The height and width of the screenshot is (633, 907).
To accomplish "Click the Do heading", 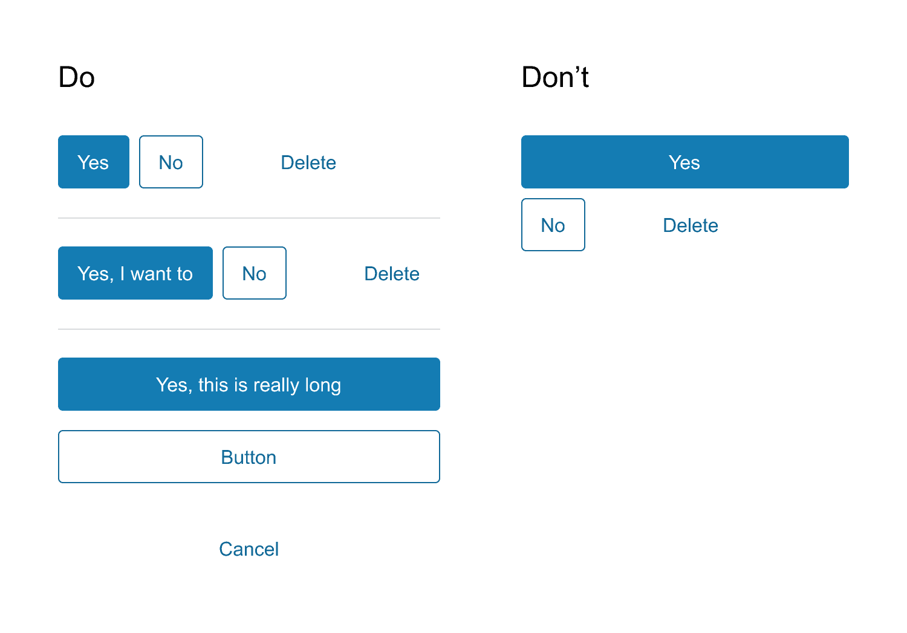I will tap(77, 77).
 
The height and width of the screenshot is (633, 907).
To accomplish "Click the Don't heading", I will tap(555, 77).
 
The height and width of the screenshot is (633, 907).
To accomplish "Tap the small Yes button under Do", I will tap(94, 162).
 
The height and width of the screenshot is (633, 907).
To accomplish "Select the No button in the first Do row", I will tap(171, 162).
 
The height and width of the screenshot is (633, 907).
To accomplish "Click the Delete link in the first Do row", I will tap(308, 162).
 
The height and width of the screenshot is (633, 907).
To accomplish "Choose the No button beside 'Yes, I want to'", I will tap(255, 273).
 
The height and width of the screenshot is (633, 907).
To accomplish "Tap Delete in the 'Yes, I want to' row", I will tap(392, 274).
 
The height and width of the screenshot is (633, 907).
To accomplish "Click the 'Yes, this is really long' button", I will tap(249, 384).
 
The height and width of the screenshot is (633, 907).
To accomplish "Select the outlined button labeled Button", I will tap(249, 457).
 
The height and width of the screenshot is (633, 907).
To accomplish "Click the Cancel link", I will tap(249, 549).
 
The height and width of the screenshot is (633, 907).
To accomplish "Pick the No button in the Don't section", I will tap(553, 225).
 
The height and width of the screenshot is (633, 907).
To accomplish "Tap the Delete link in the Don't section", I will tap(691, 225).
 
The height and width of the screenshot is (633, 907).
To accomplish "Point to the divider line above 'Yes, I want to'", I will tap(249, 218).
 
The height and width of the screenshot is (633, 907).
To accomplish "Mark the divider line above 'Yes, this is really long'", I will tap(249, 329).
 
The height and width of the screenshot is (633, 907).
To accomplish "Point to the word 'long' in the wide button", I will tap(323, 385).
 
